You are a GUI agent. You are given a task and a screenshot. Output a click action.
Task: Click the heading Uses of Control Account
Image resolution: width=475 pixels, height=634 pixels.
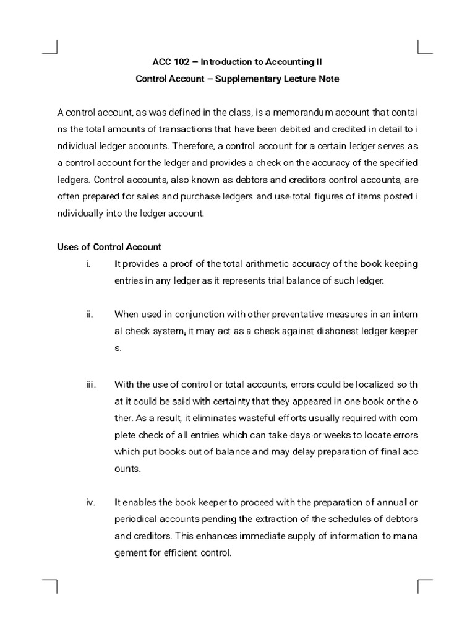[109, 247]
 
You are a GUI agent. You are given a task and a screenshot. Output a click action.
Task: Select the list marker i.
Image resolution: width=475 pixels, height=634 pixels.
[89, 264]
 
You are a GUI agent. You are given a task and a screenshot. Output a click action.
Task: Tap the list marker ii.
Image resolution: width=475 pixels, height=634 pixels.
[90, 315]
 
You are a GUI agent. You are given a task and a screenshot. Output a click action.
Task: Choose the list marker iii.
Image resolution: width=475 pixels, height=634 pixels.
[91, 384]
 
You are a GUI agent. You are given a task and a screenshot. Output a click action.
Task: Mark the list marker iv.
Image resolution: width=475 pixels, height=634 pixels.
[90, 502]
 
